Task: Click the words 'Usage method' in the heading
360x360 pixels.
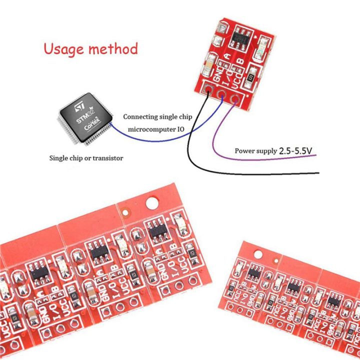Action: (90, 49)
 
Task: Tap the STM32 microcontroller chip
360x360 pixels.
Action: (84, 117)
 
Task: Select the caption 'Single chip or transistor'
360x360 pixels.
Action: (85, 158)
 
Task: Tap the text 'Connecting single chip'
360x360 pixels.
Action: (157, 116)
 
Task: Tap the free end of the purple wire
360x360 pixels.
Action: (316, 156)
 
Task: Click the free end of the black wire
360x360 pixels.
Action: (318, 173)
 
